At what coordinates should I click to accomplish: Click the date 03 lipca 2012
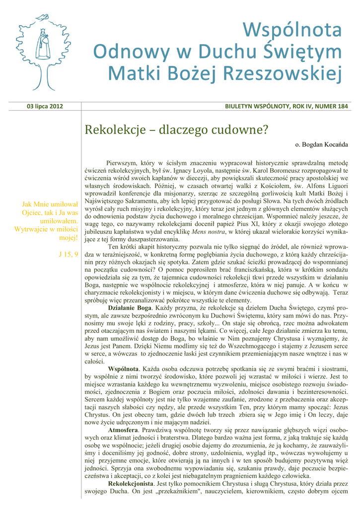pos(45,106)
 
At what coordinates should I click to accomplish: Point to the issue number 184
pos(342,106)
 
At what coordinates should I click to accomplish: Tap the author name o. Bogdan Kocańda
pos(322,144)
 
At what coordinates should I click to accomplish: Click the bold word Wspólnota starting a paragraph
pos(123,369)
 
